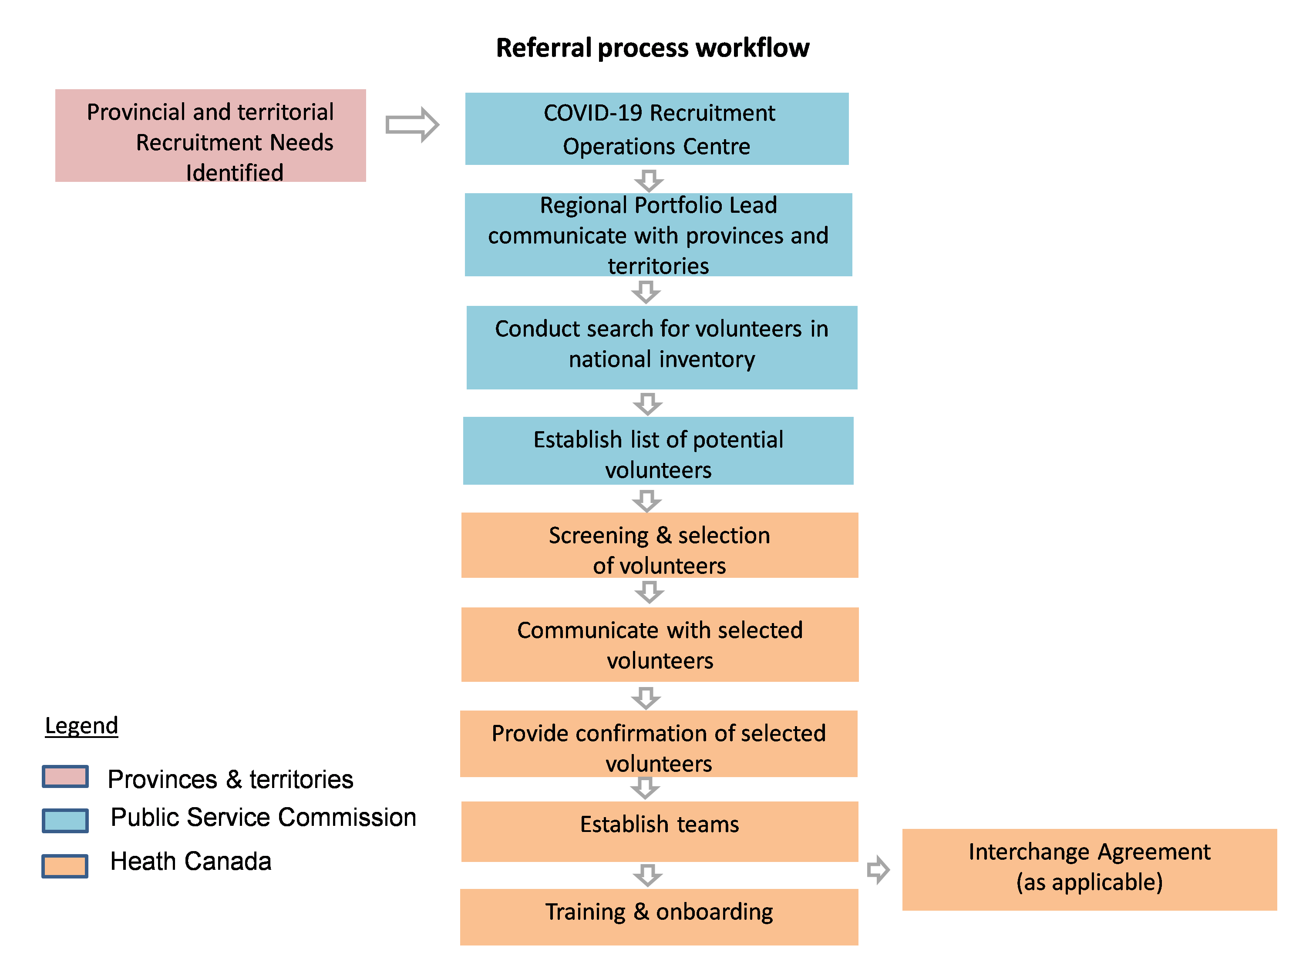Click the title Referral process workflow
click(x=653, y=48)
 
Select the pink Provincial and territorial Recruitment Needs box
click(x=210, y=136)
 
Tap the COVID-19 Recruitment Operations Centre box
click(x=656, y=129)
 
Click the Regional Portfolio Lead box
click(x=658, y=235)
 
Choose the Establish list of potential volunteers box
click(x=658, y=451)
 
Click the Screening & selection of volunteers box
click(x=659, y=545)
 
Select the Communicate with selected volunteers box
click(x=660, y=644)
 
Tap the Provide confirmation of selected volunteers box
click(x=658, y=744)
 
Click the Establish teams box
click(x=659, y=831)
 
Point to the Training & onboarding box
click(x=659, y=916)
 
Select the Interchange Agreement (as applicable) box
click(x=1089, y=869)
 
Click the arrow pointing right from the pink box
click(x=412, y=124)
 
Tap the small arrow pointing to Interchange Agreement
click(x=878, y=869)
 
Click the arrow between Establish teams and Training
click(x=648, y=875)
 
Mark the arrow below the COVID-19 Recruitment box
click(x=649, y=181)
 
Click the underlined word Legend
click(x=81, y=725)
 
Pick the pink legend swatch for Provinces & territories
click(x=66, y=777)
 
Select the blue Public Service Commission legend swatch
click(x=66, y=820)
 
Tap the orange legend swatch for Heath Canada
click(x=65, y=866)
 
